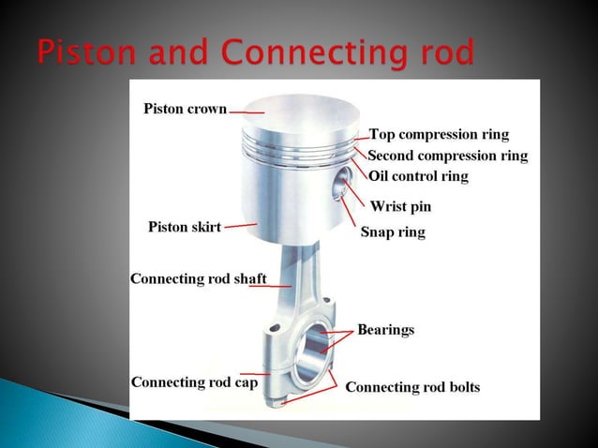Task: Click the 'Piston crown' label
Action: tap(185, 109)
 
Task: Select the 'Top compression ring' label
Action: tap(438, 134)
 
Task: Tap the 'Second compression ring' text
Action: tap(447, 155)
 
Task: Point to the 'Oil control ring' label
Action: tap(417, 175)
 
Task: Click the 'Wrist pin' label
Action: tap(400, 205)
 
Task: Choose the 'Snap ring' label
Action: tap(393, 231)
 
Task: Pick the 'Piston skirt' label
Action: tap(185, 227)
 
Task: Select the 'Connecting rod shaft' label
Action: tap(198, 278)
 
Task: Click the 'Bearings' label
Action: tap(385, 330)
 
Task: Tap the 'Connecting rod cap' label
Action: tap(194, 382)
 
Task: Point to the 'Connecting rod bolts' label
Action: tap(412, 386)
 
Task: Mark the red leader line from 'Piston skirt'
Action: tap(240, 225)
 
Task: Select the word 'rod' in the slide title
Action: tap(441, 53)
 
